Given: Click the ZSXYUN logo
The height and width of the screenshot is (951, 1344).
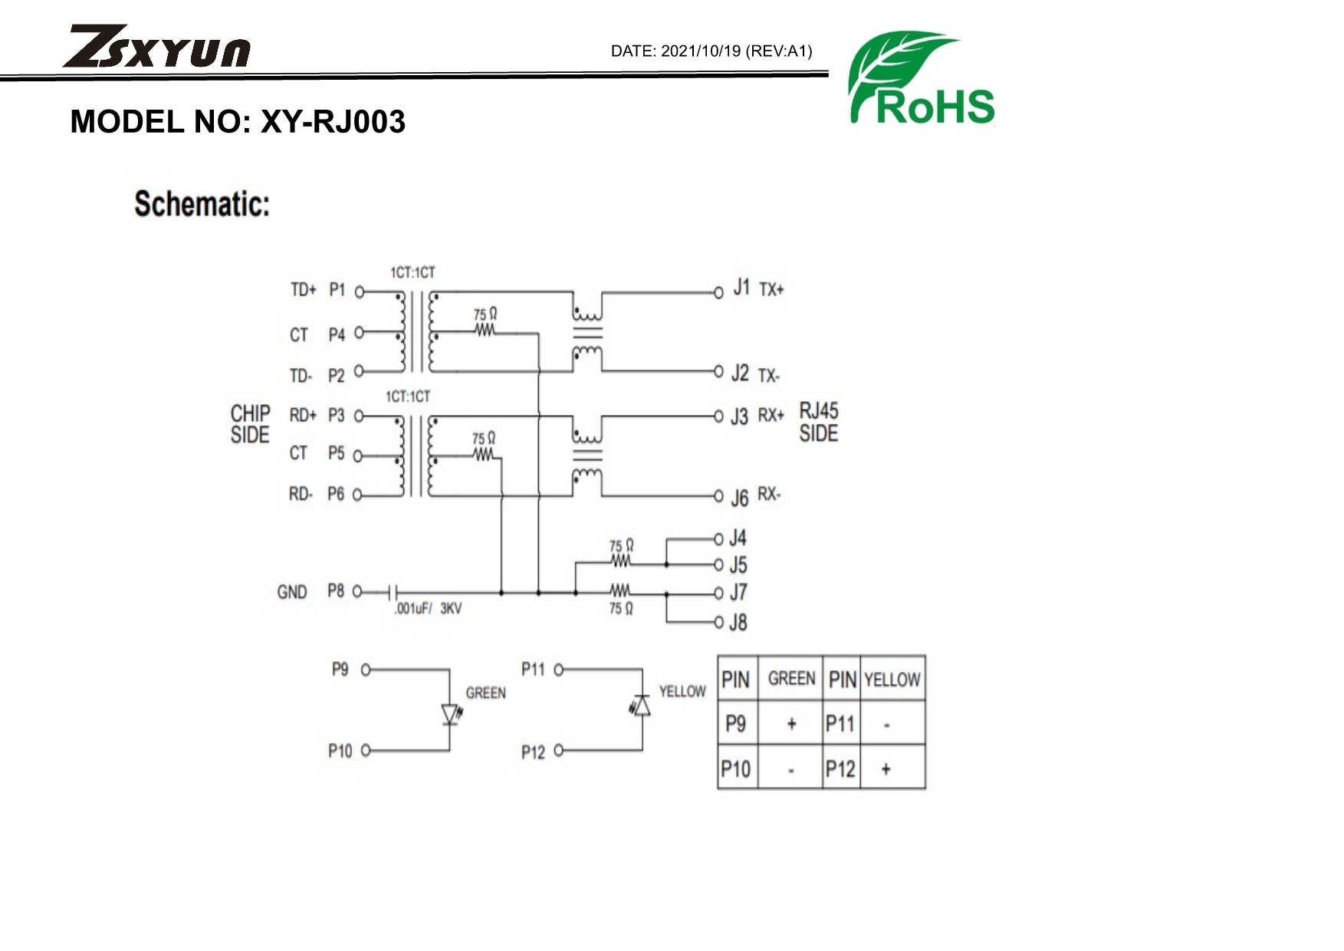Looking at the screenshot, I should tap(157, 48).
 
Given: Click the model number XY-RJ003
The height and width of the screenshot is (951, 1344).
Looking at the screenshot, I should tap(333, 122).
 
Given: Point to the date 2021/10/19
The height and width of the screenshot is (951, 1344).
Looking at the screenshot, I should tap(701, 51).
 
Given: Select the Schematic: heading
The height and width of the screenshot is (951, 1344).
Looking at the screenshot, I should tap(202, 204).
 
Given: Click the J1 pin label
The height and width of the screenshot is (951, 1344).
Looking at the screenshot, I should tap(741, 288).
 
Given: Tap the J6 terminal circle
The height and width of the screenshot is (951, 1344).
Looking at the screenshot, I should tap(718, 496).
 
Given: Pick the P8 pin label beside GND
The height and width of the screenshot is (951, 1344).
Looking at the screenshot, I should tap(336, 591).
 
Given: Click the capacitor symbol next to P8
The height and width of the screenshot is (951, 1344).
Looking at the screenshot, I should tap(393, 593).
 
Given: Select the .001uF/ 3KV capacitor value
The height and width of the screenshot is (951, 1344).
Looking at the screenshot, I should tap(428, 609).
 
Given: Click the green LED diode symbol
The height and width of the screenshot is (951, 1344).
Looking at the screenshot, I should tap(451, 714).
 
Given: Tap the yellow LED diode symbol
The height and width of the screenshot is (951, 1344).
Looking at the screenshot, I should tap(642, 706).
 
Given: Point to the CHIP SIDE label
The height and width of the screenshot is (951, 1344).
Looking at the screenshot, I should tap(250, 424).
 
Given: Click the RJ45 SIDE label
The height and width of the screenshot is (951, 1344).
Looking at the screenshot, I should tap(818, 422).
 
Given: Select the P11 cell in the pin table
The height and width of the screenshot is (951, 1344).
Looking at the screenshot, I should tap(840, 723).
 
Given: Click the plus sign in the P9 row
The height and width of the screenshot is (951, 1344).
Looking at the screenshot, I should tap(791, 723).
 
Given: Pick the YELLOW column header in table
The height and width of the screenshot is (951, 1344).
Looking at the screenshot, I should tap(892, 680).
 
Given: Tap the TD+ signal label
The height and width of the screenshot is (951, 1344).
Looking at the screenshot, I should tap(303, 290).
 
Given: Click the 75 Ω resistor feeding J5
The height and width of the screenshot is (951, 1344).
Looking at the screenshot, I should tap(620, 561).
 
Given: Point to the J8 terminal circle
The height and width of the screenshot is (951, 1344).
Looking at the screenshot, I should tap(718, 622).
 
